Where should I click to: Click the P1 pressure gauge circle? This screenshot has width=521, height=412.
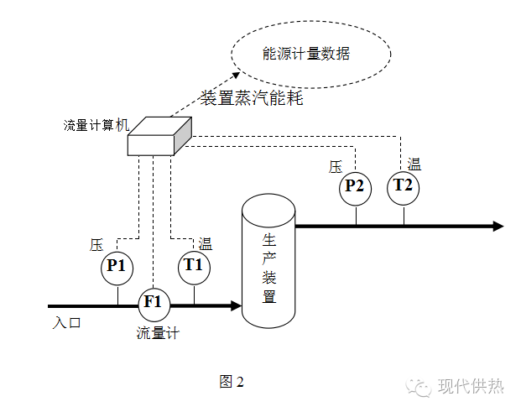[x=117, y=268]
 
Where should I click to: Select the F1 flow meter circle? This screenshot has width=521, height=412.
[x=153, y=301]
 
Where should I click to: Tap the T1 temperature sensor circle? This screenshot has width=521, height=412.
[x=194, y=268]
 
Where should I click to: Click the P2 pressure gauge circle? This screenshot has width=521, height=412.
[x=355, y=187]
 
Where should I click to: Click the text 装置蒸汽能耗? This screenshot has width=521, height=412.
[x=252, y=98]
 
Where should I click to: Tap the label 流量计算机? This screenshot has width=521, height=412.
[x=96, y=125]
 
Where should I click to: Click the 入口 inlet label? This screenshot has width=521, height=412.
[x=66, y=322]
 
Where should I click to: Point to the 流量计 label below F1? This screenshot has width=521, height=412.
[x=158, y=332]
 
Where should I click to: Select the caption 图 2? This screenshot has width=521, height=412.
[x=231, y=382]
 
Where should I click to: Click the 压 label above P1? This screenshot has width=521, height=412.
[x=96, y=246]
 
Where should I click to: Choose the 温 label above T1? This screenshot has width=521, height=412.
[x=205, y=244]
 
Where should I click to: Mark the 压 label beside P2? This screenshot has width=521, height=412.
[x=335, y=167]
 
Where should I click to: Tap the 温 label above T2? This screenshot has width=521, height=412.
[x=414, y=164]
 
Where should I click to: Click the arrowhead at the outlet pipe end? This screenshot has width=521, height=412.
[x=498, y=226]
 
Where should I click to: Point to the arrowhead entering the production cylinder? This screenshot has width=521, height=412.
[x=236, y=306]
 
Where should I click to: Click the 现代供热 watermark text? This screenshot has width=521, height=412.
[x=470, y=386]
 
